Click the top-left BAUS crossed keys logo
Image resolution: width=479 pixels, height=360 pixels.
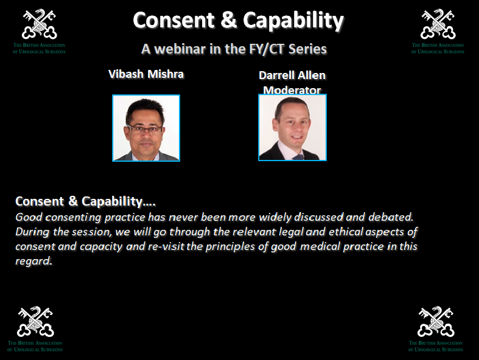point(39,24)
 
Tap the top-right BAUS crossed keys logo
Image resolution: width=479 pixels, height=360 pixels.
point(438,24)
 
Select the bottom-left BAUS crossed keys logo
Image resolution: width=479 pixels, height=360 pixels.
point(35,322)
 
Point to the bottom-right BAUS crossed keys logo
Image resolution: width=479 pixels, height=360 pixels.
point(436,322)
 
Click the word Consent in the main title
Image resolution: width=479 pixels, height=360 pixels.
point(174,20)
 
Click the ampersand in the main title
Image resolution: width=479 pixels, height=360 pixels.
point(228,20)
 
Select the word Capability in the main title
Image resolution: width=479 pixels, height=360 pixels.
point(293,21)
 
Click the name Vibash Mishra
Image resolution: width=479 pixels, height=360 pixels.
point(146,74)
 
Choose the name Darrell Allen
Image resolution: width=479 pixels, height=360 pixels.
point(292,75)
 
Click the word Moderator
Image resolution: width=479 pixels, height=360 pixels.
point(292,90)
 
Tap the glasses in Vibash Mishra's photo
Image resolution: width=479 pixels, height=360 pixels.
point(145,129)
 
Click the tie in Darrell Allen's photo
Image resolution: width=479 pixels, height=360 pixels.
point(298,157)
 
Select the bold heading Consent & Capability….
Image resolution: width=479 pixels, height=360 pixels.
point(86,201)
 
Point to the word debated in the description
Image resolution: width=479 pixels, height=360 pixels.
point(391,217)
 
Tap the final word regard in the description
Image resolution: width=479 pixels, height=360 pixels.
point(33,261)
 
